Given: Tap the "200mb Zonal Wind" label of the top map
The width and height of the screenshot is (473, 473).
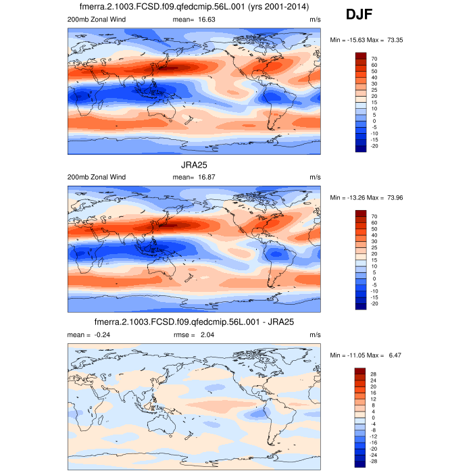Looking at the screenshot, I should [x=97, y=20].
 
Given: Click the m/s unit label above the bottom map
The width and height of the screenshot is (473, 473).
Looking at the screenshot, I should [x=315, y=334].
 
